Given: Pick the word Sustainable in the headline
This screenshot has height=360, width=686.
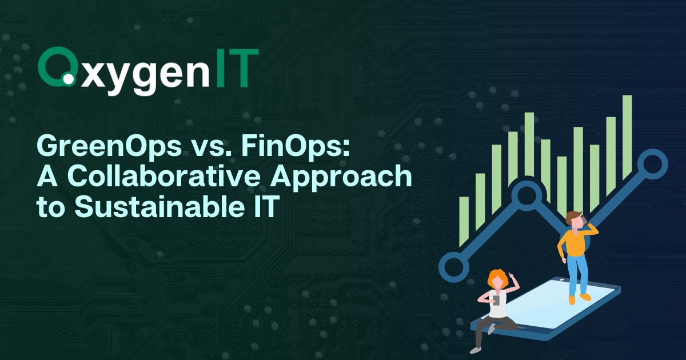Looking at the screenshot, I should pos(160,207).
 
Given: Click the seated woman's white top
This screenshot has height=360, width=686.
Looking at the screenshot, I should pos(497,306).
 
